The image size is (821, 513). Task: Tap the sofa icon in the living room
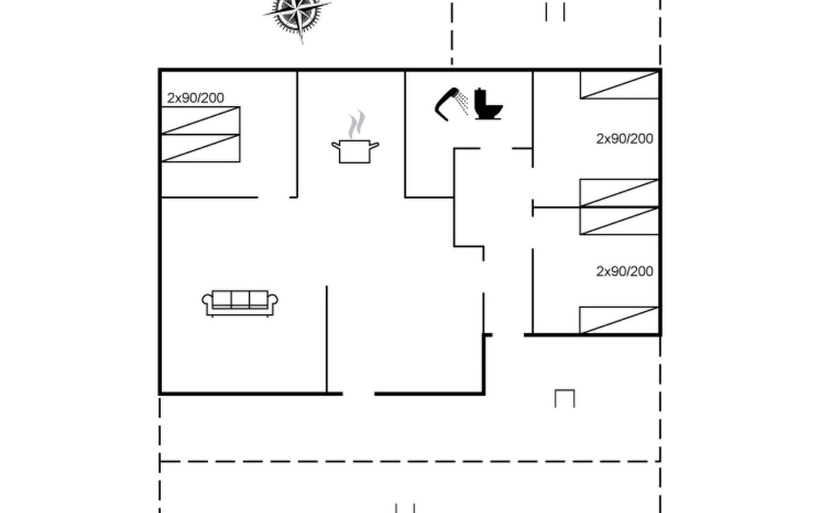coord(240,304)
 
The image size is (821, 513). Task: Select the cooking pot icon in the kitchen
coord(355,151)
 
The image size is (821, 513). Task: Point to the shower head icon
coord(451,104)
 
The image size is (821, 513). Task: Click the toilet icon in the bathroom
coord(488,104)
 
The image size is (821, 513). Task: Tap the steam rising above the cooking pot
coord(357,124)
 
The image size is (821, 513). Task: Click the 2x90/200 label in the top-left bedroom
coord(195,98)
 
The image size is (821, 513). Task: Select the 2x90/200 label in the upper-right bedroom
coord(625,139)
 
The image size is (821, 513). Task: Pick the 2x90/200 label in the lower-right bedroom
coord(625,271)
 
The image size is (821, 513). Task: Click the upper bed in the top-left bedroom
coord(200,121)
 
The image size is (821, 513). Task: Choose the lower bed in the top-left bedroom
coord(200,148)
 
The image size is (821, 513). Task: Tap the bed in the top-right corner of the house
coord(619,85)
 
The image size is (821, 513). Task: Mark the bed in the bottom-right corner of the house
coord(619,320)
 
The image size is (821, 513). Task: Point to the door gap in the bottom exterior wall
coord(359,394)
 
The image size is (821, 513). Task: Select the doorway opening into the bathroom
coord(496,148)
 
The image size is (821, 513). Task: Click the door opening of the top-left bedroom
coord(274,197)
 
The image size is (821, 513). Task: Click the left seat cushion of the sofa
coord(222,299)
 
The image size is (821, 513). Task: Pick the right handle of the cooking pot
coord(374,146)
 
